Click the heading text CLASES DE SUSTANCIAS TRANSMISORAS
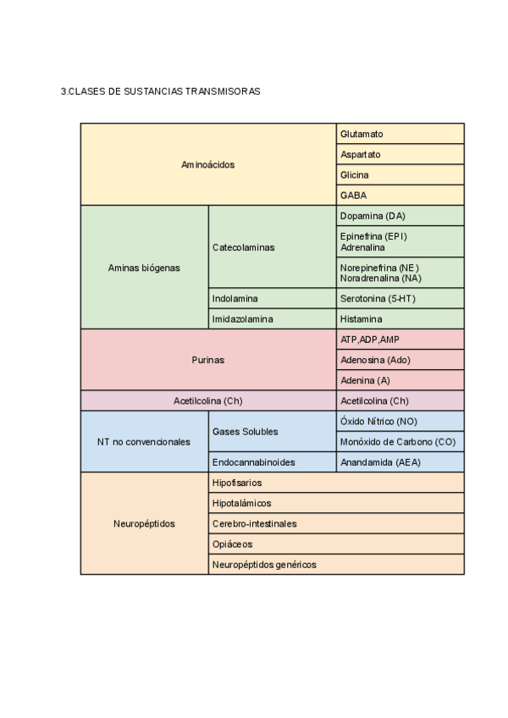160,91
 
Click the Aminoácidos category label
208,164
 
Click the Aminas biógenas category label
144,268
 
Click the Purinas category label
208,360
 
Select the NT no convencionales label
144,442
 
